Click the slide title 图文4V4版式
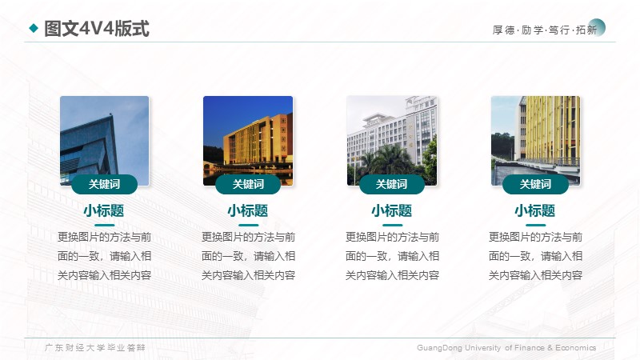tap(97, 29)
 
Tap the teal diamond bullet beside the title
tap(34, 28)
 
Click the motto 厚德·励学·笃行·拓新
tap(545, 30)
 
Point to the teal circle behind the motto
tap(597, 27)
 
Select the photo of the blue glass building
tap(105, 141)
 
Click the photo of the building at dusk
tap(248, 141)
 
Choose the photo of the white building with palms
tap(392, 141)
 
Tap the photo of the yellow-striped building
tap(535, 141)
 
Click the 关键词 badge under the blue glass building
tap(105, 184)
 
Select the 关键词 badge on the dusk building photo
tap(248, 184)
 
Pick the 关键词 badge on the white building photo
tap(392, 184)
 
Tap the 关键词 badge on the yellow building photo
tap(535, 184)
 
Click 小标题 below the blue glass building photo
tap(104, 211)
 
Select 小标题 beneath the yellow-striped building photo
tap(535, 211)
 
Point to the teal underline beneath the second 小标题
tap(249, 225)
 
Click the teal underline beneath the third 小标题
tap(392, 225)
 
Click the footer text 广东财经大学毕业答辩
tap(94, 348)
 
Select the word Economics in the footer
tap(575, 348)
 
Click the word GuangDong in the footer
tap(439, 348)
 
